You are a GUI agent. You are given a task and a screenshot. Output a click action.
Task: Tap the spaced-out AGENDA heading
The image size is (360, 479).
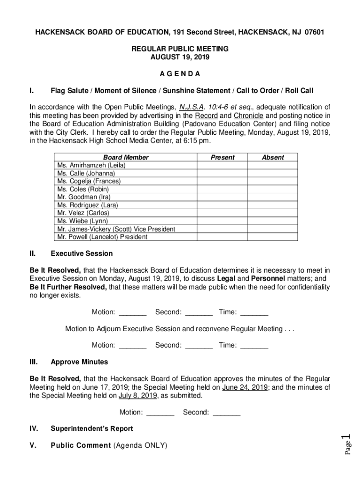(x=180, y=74)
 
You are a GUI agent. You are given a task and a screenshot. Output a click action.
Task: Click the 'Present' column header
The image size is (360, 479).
(x=223, y=158)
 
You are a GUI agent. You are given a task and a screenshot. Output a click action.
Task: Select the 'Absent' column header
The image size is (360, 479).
(x=273, y=158)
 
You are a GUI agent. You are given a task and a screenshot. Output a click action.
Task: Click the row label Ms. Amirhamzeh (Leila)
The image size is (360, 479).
(x=91, y=166)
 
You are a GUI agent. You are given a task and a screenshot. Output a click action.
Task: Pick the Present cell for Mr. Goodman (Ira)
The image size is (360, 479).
(x=223, y=197)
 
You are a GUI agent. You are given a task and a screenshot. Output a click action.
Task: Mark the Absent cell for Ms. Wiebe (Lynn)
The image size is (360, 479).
(x=273, y=221)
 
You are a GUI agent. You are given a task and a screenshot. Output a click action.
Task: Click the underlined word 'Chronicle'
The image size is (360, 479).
(x=249, y=116)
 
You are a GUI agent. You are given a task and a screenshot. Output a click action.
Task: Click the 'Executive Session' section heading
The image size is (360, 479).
(x=81, y=254)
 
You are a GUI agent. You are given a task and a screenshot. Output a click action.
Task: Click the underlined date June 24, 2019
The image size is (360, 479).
(x=245, y=387)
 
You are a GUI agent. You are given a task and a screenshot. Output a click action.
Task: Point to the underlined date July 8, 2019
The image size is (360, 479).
(x=137, y=396)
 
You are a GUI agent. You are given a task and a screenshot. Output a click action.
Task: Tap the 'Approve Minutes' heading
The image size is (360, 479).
(x=79, y=362)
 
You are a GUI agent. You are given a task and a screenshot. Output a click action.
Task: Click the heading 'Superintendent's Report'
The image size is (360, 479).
(x=92, y=428)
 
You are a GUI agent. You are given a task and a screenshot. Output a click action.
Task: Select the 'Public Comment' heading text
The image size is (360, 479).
(x=81, y=445)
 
